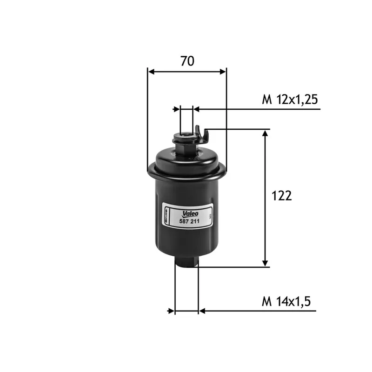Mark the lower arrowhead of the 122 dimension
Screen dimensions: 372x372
pyautogui.click(x=266, y=263)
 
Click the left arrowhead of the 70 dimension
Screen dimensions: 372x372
pyautogui.click(x=151, y=72)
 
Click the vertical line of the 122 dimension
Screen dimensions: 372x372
pyautogui.click(x=266, y=198)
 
